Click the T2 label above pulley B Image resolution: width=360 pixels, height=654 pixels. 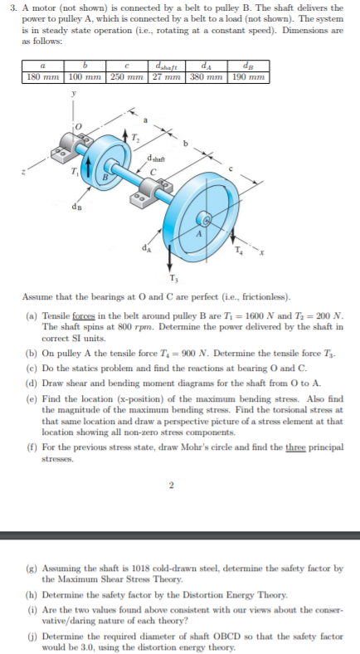point(129,139)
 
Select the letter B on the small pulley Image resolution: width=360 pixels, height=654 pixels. point(105,175)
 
